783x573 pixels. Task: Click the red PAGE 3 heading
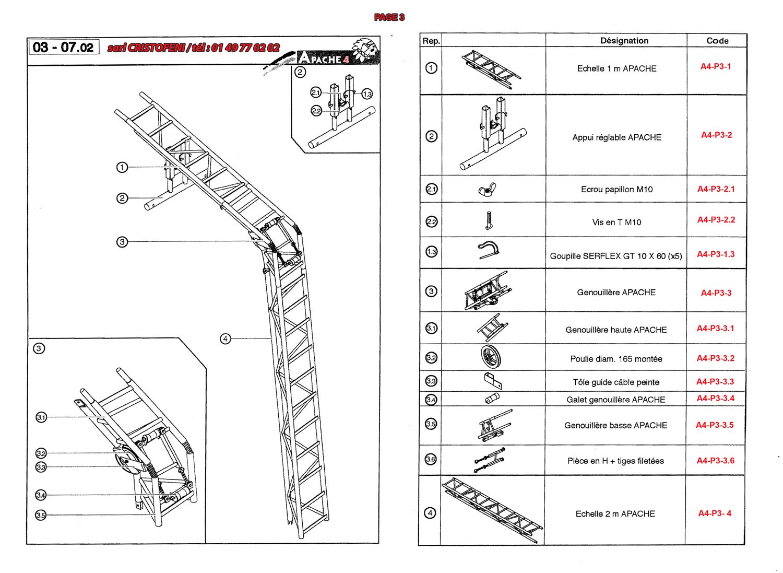(389, 17)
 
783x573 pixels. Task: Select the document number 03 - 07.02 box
(63, 48)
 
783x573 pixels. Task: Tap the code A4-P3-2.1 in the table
(716, 189)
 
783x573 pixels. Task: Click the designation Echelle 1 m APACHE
(616, 68)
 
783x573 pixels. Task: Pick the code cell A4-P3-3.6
(715, 461)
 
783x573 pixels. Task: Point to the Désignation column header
(624, 41)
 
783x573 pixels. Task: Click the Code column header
(717, 41)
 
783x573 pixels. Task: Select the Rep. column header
(431, 41)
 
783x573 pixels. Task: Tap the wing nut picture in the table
(487, 190)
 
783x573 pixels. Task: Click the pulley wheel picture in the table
(491, 357)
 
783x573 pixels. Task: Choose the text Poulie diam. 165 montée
(616, 359)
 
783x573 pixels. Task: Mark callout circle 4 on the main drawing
(225, 339)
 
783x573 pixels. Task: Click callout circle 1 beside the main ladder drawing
(122, 167)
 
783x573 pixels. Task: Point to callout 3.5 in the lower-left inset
(41, 515)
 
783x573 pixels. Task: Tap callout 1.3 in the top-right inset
(367, 94)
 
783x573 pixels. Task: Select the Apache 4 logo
(334, 55)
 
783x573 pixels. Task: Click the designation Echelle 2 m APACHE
(615, 514)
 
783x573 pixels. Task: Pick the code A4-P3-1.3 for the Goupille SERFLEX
(716, 254)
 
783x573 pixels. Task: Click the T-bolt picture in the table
(489, 221)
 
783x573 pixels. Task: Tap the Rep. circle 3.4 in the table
(431, 400)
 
